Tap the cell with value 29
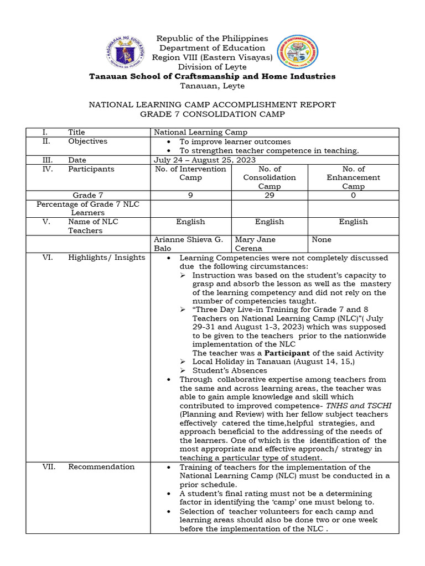269,195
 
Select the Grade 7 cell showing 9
190,195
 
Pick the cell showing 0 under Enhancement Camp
353,195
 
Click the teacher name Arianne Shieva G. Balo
188,244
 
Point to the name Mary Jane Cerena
255,244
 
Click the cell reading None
322,240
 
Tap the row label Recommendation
101,467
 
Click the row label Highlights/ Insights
107,258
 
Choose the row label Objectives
88,141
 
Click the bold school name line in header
212,76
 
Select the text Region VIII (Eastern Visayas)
212,57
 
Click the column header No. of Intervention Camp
190,173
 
